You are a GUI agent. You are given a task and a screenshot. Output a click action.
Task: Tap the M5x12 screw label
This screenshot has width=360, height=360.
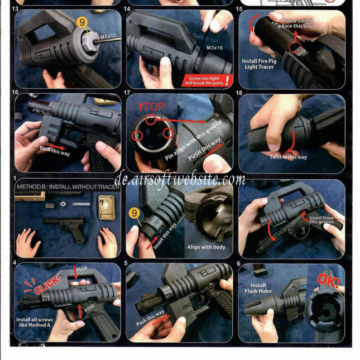tap(108, 37)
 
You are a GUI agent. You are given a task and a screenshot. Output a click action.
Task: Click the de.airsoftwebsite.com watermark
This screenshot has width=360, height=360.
tap(179, 180)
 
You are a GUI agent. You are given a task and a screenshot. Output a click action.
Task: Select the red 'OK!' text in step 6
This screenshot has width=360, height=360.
tap(329, 280)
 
